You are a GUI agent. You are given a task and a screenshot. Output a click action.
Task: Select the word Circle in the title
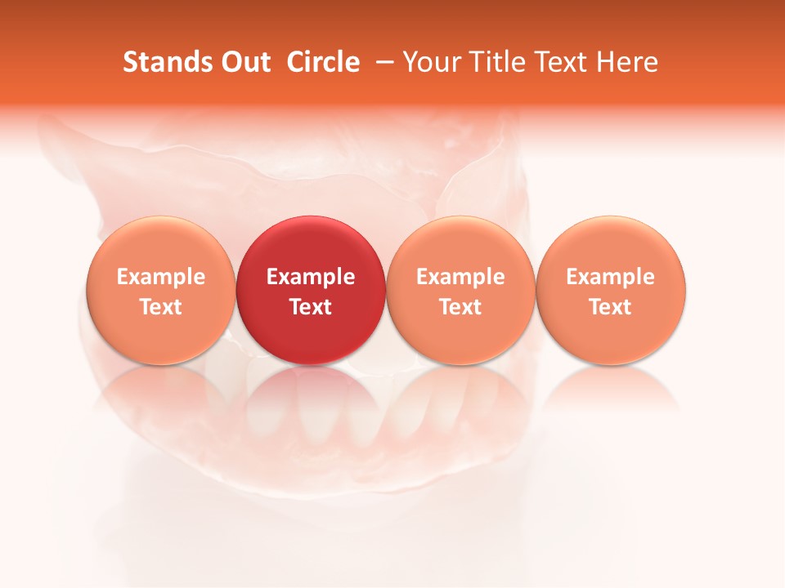(x=323, y=62)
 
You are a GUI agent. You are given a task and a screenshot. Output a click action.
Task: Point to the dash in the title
(x=382, y=63)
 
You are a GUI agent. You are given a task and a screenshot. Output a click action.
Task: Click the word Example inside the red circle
(x=311, y=277)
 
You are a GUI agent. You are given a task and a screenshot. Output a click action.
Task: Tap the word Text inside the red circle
(x=311, y=307)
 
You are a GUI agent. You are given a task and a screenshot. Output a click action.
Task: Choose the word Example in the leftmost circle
(x=161, y=277)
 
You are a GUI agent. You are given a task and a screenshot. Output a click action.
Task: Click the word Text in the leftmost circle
(x=161, y=307)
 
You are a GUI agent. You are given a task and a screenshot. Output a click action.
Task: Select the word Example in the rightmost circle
(x=611, y=277)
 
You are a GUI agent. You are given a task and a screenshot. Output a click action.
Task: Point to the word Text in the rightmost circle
(x=611, y=307)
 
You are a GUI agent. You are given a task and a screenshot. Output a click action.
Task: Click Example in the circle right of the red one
(x=460, y=277)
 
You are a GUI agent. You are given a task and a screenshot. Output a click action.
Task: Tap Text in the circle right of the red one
(x=460, y=307)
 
